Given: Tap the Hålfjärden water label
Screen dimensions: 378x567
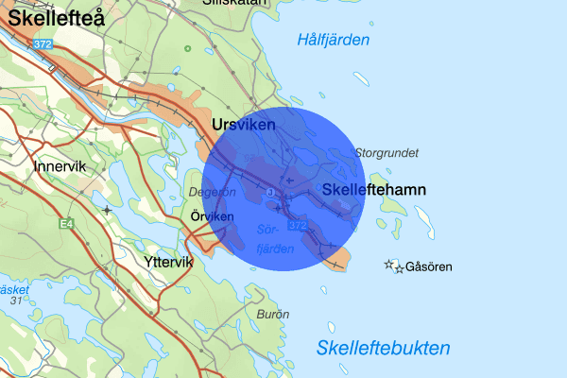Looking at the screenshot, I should [x=333, y=40].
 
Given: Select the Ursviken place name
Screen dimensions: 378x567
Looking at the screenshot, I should [x=244, y=125].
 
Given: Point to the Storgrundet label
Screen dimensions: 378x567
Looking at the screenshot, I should [x=386, y=152].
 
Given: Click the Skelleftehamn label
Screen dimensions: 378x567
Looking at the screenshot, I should [x=374, y=190].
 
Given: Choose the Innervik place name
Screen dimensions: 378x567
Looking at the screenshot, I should [x=60, y=166].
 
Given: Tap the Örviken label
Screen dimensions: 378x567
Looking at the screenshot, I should [x=211, y=216].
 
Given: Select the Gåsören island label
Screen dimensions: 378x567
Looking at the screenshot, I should [x=429, y=267].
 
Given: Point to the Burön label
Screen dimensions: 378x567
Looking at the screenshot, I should [x=273, y=313].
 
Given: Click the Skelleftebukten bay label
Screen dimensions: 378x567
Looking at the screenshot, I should [x=383, y=348].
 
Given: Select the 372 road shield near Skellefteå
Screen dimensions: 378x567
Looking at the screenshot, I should [x=41, y=44].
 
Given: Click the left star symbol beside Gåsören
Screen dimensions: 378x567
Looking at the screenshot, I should [x=388, y=265].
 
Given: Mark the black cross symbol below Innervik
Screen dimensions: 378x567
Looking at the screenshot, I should [x=108, y=209].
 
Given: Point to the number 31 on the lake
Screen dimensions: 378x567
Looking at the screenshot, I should [x=15, y=301].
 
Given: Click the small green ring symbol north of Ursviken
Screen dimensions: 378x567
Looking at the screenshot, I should [x=187, y=48].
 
